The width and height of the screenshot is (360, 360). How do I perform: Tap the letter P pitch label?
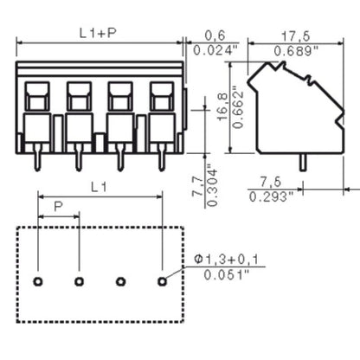click(57, 208)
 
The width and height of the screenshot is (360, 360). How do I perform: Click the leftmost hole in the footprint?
click(37, 281)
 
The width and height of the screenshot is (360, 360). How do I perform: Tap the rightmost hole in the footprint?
click(162, 281)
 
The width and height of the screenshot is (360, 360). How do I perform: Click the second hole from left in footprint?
click(79, 281)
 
